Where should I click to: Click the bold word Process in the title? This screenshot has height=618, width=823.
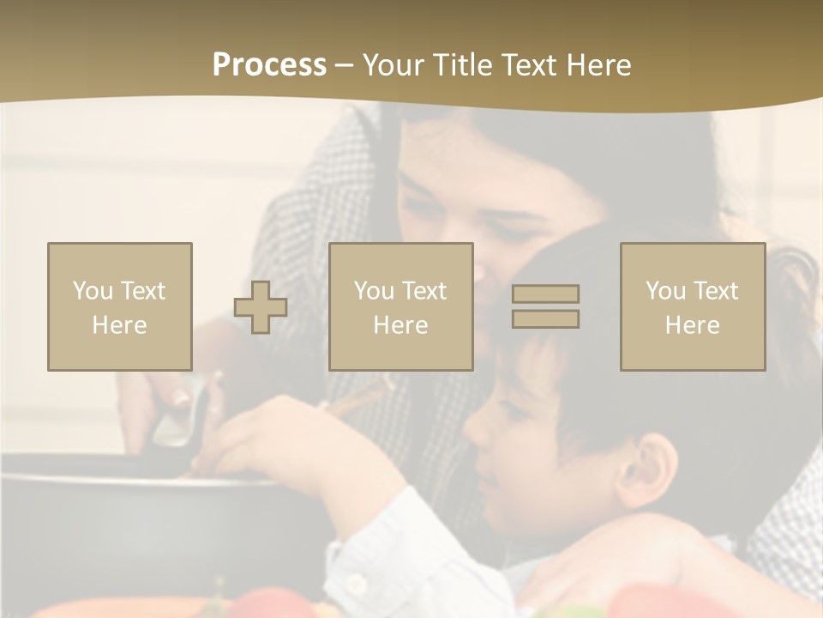269,65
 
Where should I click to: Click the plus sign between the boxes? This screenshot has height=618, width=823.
261,307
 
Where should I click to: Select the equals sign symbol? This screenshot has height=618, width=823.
545,306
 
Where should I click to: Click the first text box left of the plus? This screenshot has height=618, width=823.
120,306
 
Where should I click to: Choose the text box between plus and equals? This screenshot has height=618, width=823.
401,306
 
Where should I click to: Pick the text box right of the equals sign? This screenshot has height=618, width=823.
693,306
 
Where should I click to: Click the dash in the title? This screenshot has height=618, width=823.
345,65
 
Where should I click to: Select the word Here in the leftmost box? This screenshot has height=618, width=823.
119,325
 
